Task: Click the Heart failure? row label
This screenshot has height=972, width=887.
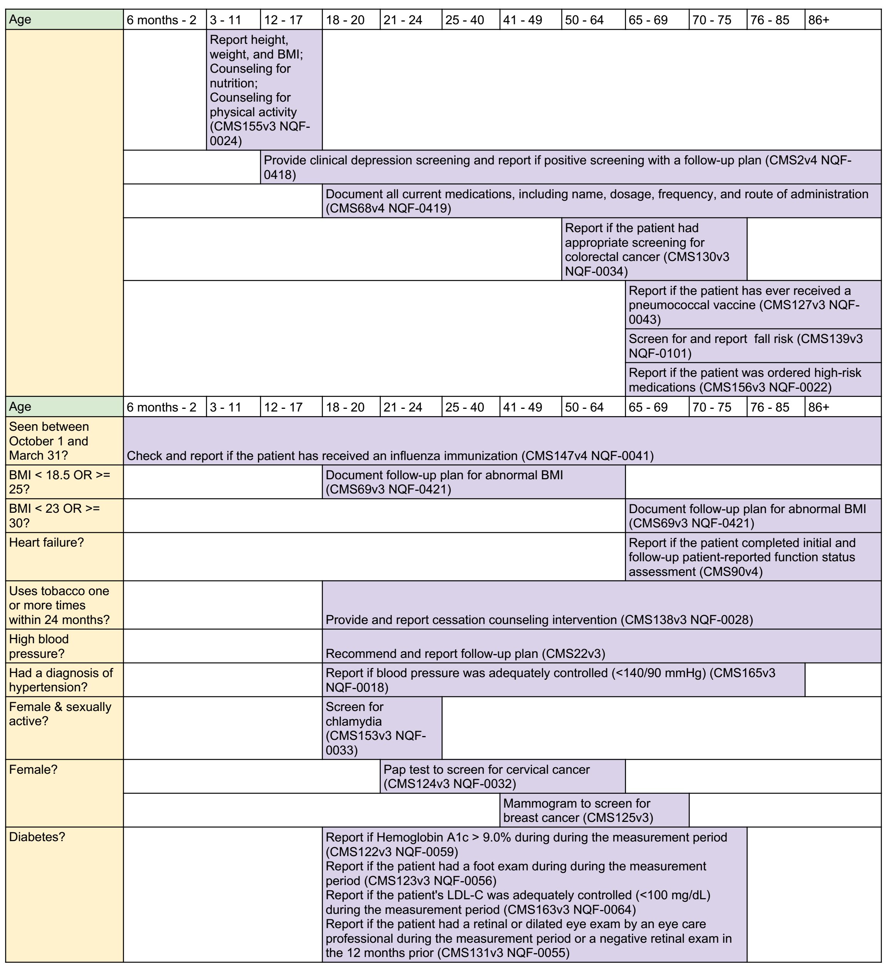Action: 46,542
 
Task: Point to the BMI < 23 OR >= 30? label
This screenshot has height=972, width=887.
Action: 54,515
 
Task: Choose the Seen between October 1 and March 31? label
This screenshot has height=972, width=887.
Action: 49,441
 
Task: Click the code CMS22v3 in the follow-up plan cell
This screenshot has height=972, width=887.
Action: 573,653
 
